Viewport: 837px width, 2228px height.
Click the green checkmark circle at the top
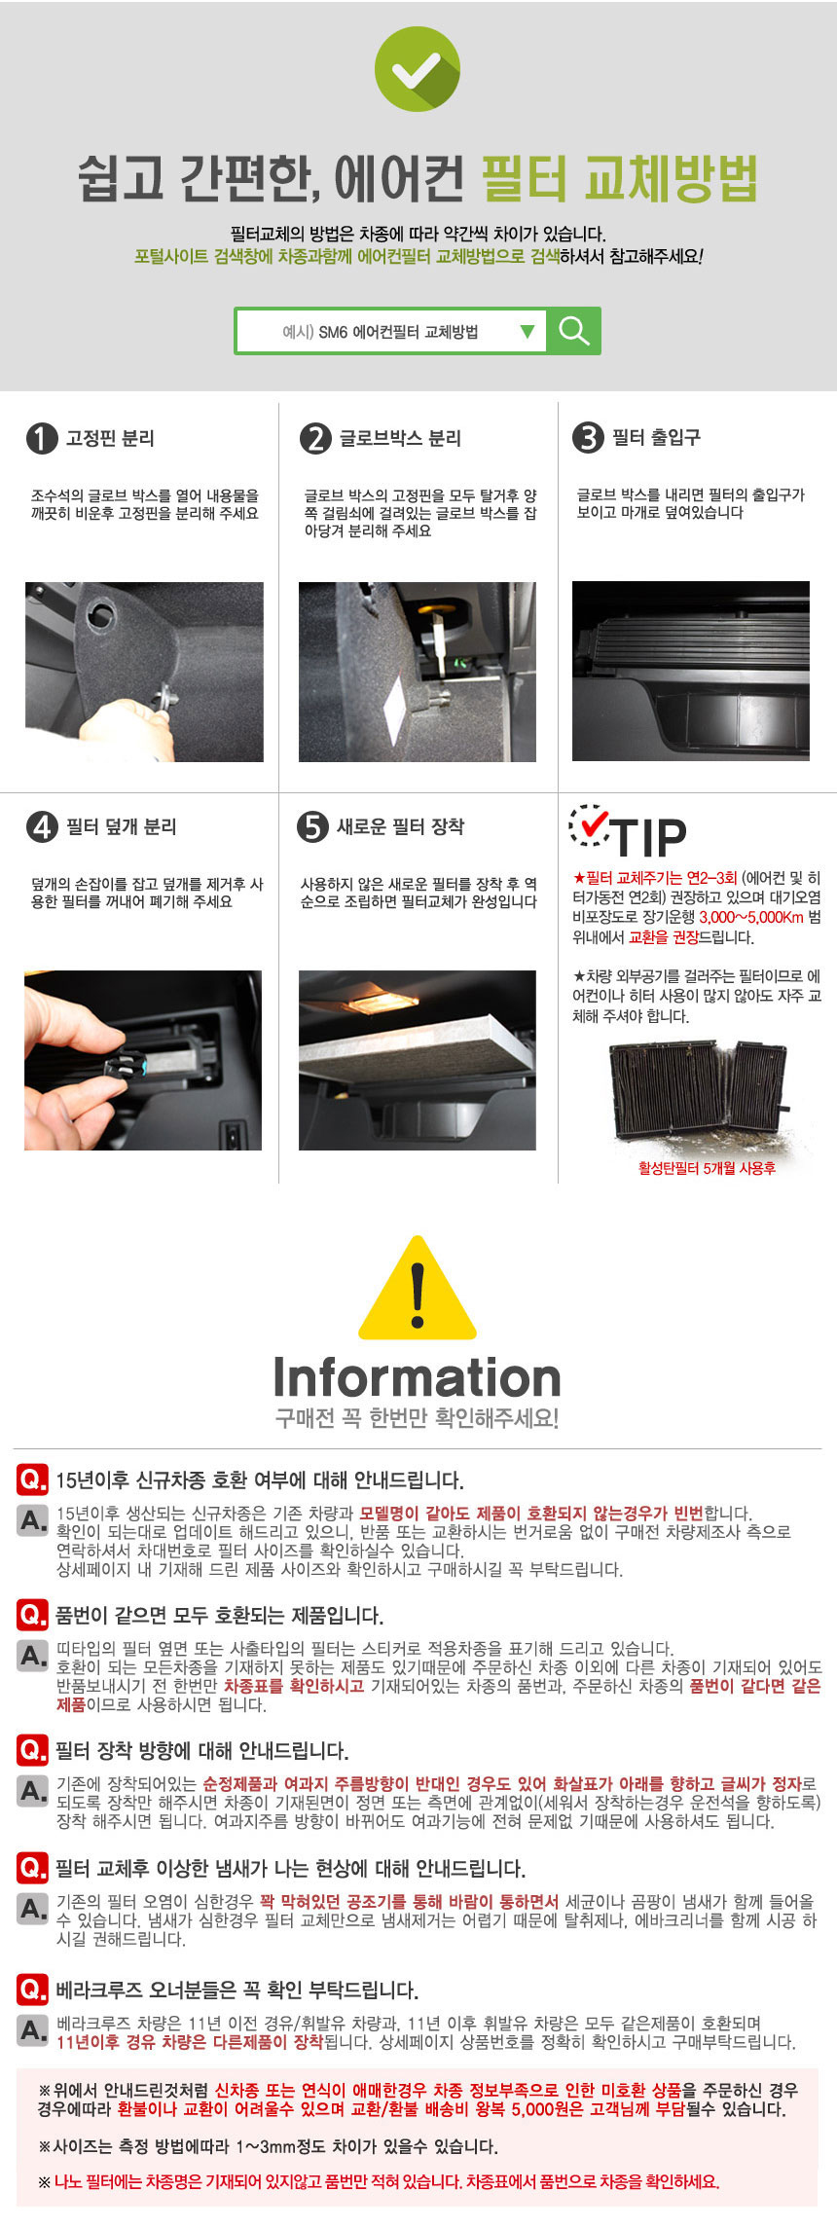click(418, 69)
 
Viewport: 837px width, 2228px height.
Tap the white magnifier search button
click(574, 331)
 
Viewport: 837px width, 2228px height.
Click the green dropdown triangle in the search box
click(528, 331)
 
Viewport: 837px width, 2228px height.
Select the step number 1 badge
click(41, 438)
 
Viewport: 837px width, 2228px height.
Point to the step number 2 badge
click(315, 438)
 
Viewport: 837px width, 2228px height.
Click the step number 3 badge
click(588, 437)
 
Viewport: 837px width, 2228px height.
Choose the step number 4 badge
click(41, 827)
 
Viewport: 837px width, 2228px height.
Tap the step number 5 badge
click(312, 826)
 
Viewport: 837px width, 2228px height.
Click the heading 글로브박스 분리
click(400, 438)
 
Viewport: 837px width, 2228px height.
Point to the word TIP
click(648, 837)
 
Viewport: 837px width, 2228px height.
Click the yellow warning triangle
click(418, 1288)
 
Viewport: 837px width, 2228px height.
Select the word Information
click(418, 1377)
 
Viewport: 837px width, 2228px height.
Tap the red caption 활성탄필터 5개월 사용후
click(707, 1168)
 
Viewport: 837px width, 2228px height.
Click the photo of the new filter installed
click(418, 1060)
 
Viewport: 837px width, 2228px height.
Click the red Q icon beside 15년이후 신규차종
click(32, 1479)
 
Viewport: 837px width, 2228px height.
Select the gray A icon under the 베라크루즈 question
click(33, 2030)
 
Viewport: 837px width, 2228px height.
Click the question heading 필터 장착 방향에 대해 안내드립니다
click(201, 1751)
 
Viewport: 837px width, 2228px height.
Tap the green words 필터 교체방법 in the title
click(619, 178)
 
